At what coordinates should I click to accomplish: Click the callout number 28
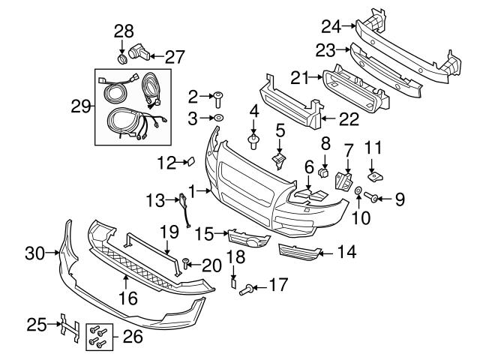[x=123, y=31]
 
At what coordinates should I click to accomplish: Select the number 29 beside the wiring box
[x=80, y=107]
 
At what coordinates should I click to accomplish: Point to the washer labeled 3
[x=217, y=118]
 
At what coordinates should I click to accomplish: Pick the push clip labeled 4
[x=254, y=140]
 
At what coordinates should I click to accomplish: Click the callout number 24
[x=331, y=26]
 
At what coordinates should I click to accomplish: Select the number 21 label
[x=299, y=76]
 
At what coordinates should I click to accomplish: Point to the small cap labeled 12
[x=190, y=160]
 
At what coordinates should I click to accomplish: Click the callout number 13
[x=154, y=199]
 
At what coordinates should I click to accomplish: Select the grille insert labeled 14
[x=297, y=250]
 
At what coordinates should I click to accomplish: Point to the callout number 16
[x=128, y=298]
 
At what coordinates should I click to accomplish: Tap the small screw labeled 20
[x=186, y=263]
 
